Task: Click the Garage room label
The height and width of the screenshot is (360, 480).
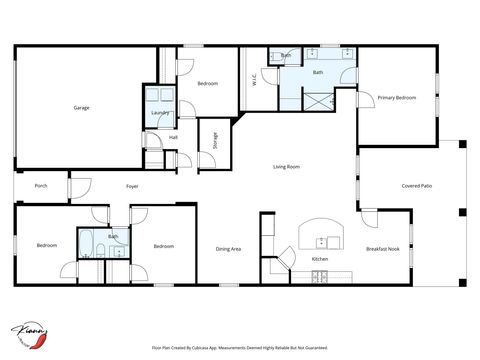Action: [x=82, y=107]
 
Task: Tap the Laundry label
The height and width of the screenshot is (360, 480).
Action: [x=157, y=113]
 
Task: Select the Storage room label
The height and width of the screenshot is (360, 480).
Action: [x=215, y=140]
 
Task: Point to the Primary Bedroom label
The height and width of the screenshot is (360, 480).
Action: [x=396, y=97]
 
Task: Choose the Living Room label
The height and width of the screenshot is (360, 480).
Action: [x=287, y=167]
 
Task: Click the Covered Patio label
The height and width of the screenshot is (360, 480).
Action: [x=417, y=185]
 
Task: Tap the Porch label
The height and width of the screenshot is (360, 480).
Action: [x=41, y=185]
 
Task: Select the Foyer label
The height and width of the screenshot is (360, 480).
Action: [x=132, y=186]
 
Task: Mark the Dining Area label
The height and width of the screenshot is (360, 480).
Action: [x=228, y=249]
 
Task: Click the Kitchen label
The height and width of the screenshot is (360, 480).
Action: [x=320, y=259]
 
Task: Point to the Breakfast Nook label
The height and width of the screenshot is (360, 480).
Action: [x=382, y=249]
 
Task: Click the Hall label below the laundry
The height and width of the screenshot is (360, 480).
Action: [x=173, y=137]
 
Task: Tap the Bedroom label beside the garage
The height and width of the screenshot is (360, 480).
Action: [x=208, y=83]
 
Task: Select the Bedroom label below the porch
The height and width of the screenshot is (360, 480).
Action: [x=47, y=245]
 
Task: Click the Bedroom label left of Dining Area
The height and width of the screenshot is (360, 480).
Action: [x=164, y=246]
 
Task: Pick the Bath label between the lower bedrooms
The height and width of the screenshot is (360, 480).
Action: [x=113, y=237]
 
